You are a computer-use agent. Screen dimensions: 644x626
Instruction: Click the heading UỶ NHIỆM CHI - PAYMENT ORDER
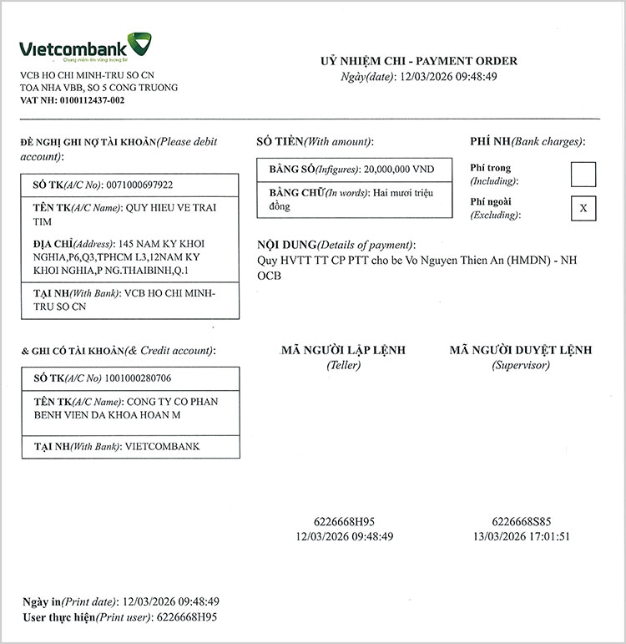click(x=419, y=61)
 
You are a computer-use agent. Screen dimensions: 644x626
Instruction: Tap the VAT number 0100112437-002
click(x=92, y=100)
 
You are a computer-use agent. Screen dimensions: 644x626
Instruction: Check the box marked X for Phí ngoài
click(x=583, y=208)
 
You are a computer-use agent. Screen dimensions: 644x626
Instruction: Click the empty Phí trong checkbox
click(x=583, y=174)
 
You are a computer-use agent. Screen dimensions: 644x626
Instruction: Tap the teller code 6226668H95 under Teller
click(x=345, y=521)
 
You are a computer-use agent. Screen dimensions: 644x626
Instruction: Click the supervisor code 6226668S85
click(x=520, y=521)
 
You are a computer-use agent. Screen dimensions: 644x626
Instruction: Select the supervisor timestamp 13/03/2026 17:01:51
click(x=520, y=536)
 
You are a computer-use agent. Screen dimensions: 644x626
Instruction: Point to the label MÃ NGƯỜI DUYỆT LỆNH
click(x=520, y=351)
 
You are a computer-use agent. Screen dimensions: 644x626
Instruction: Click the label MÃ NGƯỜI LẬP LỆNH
click(x=343, y=351)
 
